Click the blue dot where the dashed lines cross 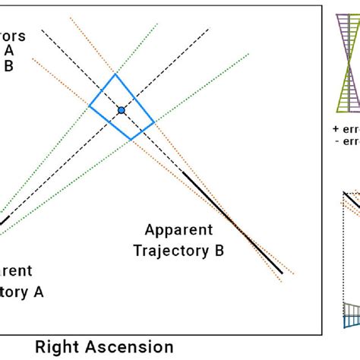coord(121,110)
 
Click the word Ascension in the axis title coord(134,347)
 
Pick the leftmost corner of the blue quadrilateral coord(90,106)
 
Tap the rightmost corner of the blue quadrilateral coord(154,122)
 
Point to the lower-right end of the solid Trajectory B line coord(282,273)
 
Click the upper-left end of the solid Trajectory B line coord(183,173)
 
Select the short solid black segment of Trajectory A coord(4,223)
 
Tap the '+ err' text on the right coord(346,128)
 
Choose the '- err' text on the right coord(347,142)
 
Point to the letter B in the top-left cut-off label coord(9,65)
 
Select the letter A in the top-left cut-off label coord(9,50)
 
